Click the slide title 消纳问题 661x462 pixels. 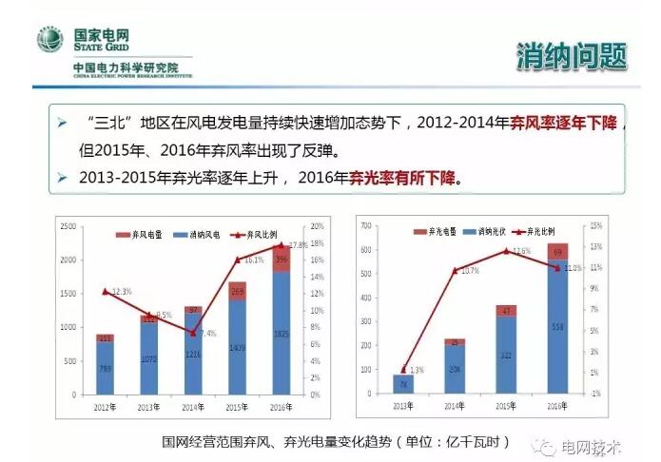coord(571,55)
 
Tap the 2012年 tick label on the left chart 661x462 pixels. coord(106,406)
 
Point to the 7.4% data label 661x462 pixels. coord(210,334)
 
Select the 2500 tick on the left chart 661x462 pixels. coord(68,226)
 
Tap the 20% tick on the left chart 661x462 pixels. coord(318,226)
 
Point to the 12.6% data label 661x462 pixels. coord(521,251)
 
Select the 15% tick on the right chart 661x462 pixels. coord(595,225)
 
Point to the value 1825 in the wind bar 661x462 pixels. coord(282,334)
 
